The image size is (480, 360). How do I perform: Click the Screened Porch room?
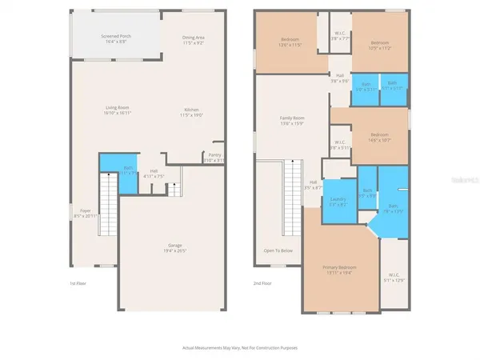[115, 40]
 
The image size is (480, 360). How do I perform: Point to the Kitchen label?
[189, 113]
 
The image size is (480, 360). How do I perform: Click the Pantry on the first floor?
[214, 157]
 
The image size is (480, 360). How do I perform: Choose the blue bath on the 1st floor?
[128, 173]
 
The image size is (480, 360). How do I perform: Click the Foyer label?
[85, 214]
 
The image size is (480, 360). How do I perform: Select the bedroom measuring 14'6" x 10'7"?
[379, 137]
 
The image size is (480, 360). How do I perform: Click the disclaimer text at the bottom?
[239, 348]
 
